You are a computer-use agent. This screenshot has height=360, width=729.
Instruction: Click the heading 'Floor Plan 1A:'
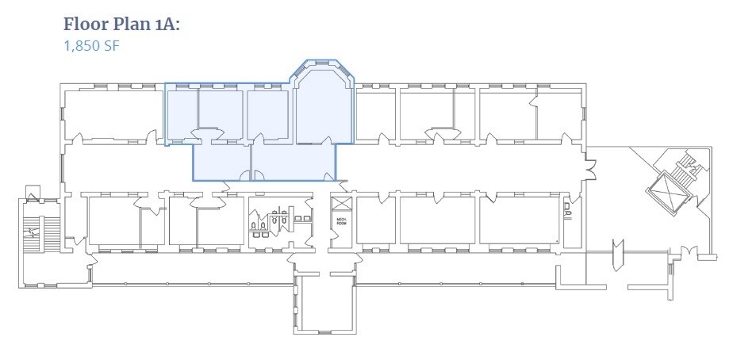122,25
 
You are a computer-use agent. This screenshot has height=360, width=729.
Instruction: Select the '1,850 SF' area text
91,45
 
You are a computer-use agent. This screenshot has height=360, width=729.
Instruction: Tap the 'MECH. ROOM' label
341,221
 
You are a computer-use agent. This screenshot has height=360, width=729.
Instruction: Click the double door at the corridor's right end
589,166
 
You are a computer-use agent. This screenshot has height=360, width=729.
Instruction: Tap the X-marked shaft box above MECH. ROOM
340,202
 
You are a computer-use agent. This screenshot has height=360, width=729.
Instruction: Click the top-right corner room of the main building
560,116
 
